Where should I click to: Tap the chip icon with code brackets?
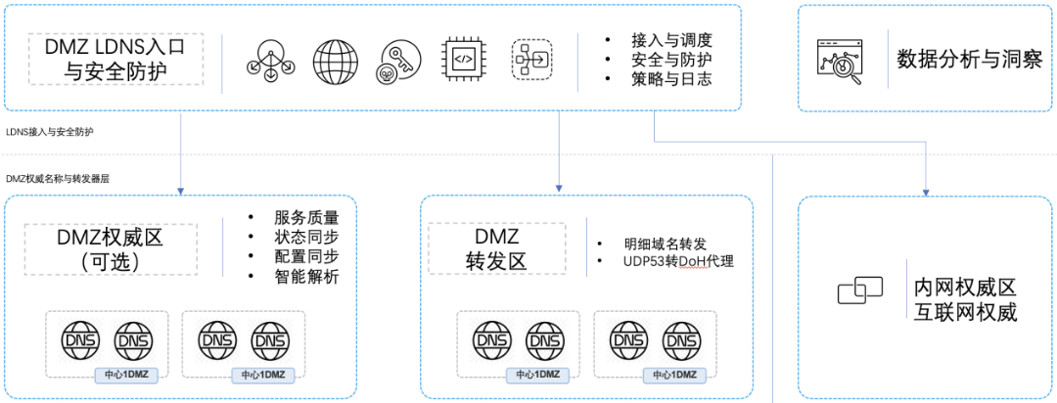tap(465, 59)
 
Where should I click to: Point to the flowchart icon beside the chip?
tap(530, 59)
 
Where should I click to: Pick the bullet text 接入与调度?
tap(670, 40)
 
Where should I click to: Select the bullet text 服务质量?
tap(307, 217)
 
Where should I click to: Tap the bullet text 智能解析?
tap(307, 277)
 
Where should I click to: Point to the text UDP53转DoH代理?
tap(677, 262)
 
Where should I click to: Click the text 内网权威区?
tap(966, 289)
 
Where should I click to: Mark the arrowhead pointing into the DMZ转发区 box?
tap(559, 189)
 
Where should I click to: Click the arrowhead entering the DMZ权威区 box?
tap(182, 189)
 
